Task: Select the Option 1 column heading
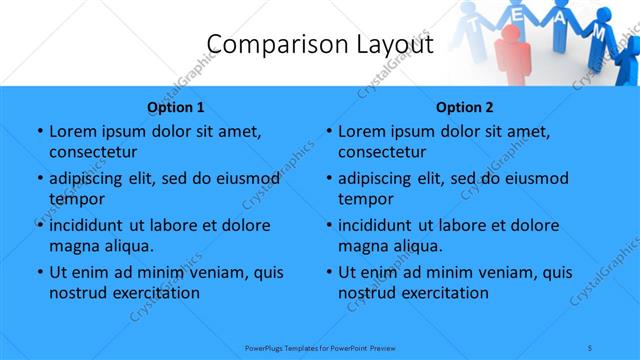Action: coord(176,107)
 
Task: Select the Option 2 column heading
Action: coord(465,107)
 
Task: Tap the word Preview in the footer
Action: coord(385,349)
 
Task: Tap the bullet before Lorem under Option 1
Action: coord(39,131)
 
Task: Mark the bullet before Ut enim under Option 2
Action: coord(328,272)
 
